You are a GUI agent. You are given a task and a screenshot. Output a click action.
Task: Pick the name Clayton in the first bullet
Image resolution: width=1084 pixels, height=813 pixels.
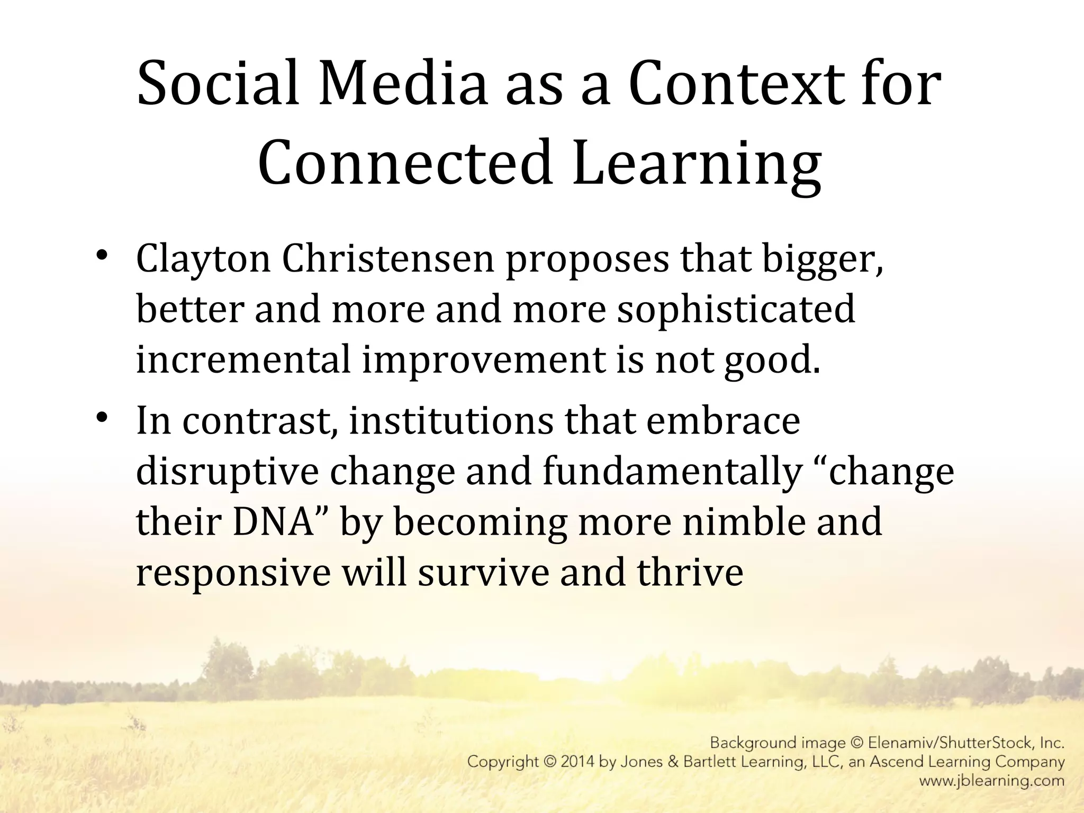coord(203,260)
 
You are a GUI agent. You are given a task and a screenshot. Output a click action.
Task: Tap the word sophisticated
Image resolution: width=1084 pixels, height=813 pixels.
coord(736,311)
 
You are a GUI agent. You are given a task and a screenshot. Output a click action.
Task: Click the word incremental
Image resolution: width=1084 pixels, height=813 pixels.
coord(243,359)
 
